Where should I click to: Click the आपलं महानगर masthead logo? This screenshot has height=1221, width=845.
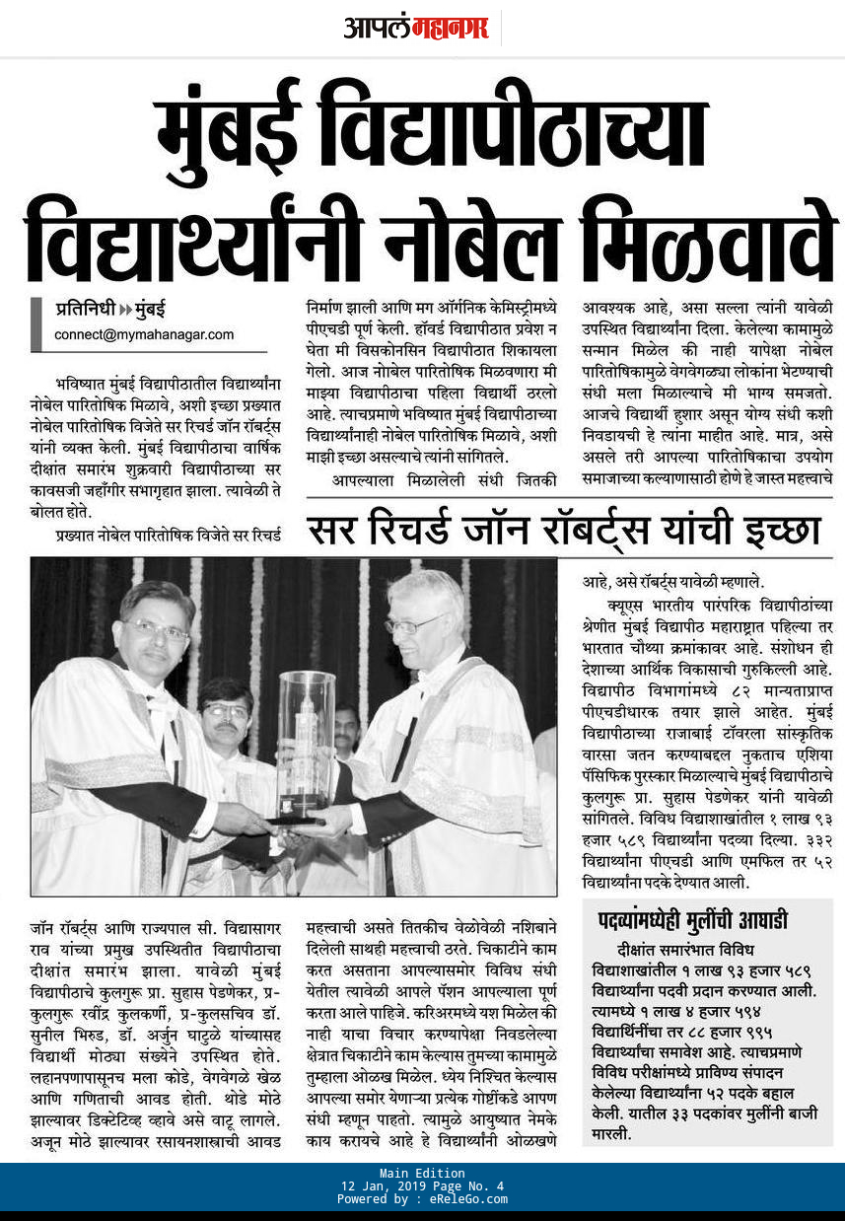(415, 27)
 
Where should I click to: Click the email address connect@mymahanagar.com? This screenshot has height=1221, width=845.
(144, 334)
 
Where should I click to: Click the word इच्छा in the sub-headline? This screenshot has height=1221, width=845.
(773, 532)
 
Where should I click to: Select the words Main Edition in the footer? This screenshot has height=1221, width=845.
(422, 1173)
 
